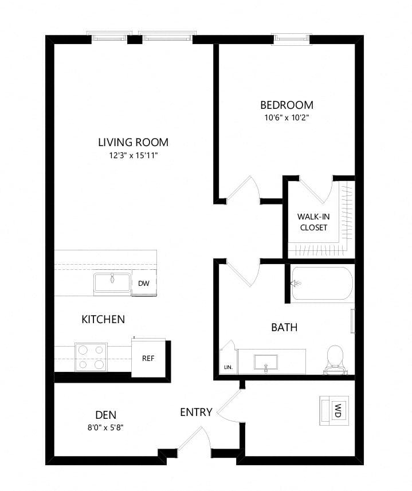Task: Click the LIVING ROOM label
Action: coord(134,142)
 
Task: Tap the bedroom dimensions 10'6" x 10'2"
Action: coord(287,118)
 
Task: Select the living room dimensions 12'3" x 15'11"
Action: coord(133,156)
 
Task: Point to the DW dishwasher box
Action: coord(144,284)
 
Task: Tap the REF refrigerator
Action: coord(148,358)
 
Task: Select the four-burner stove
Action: coord(91,357)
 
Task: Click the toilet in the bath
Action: coord(335,360)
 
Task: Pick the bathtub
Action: coord(322,284)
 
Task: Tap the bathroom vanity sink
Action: coord(266,363)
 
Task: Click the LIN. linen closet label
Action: coord(228,367)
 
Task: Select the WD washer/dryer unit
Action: coord(334,411)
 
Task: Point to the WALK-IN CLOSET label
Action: coord(313,222)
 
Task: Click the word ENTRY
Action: coord(197,412)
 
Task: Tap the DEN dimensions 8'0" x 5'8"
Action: coord(106,428)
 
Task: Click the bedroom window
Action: coord(293,38)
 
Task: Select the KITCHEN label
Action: coord(103,319)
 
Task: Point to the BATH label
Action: coord(284,328)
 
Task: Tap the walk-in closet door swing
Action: coord(317,190)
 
